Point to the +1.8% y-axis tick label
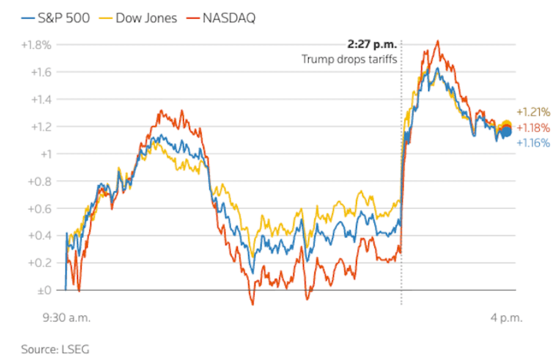click(x=37, y=45)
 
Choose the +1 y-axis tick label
click(x=46, y=154)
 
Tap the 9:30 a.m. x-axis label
click(x=66, y=318)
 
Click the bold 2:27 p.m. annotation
click(x=372, y=45)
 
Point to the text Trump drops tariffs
click(x=349, y=59)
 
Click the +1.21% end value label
click(x=533, y=112)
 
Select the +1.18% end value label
click(x=533, y=128)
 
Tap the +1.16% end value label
click(x=533, y=143)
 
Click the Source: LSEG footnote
click(x=55, y=350)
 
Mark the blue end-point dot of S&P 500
click(x=506, y=131)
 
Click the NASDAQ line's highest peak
click(x=438, y=41)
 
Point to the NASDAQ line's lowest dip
click(x=252, y=304)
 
